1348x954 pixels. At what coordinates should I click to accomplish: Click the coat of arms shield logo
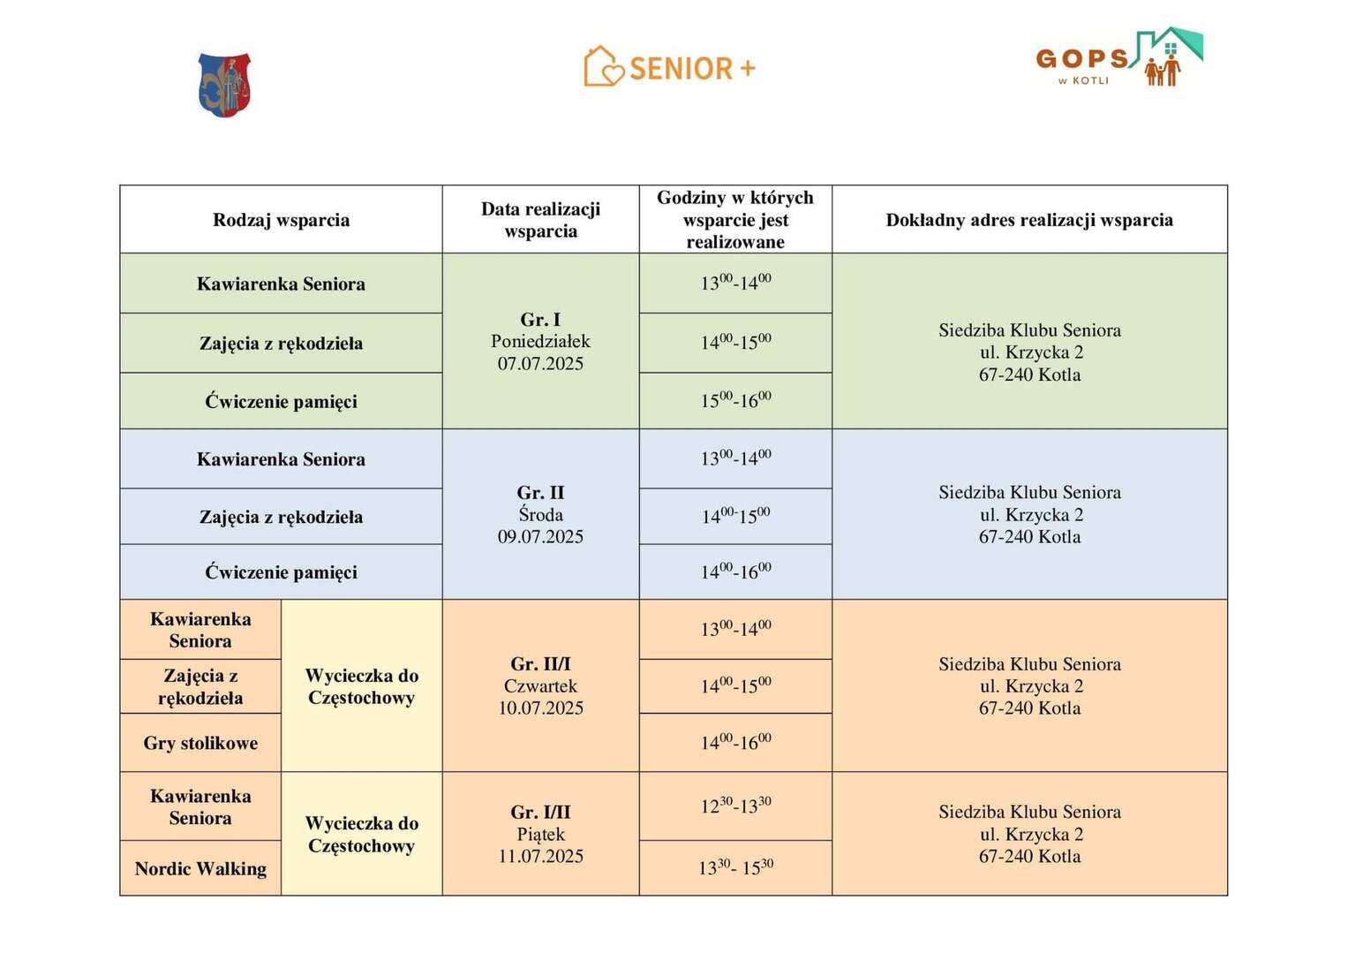coord(224,85)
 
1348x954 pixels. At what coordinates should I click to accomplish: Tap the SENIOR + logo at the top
coord(670,67)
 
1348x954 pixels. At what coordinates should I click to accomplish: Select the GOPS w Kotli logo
coord(1118,58)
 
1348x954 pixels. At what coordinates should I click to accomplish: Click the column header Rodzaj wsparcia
coord(281,220)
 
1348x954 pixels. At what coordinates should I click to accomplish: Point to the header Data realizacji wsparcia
coord(540,220)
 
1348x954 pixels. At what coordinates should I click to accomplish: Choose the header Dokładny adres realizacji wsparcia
coord(1029,220)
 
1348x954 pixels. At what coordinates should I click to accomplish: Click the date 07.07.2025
coord(540,364)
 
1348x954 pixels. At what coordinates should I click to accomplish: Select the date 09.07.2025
coord(540,537)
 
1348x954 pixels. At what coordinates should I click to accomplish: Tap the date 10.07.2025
coord(540,708)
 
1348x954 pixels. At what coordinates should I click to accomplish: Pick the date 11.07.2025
coord(540,857)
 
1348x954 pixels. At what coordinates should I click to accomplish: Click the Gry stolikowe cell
coord(200,744)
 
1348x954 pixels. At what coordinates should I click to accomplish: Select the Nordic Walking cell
coord(200,869)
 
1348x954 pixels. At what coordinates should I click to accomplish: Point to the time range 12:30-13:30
coord(735,806)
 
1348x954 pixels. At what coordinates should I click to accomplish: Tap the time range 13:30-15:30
coord(735,868)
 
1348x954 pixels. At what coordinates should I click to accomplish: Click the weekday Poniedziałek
coord(540,342)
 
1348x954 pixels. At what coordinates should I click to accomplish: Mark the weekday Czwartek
coord(540,686)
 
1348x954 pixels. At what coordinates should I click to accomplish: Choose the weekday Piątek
coord(540,835)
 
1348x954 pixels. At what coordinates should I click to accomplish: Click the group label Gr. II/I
coord(540,664)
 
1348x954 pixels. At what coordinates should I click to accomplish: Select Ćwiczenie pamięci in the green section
coord(281,402)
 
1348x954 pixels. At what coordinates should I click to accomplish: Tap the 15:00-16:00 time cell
coord(735,401)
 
